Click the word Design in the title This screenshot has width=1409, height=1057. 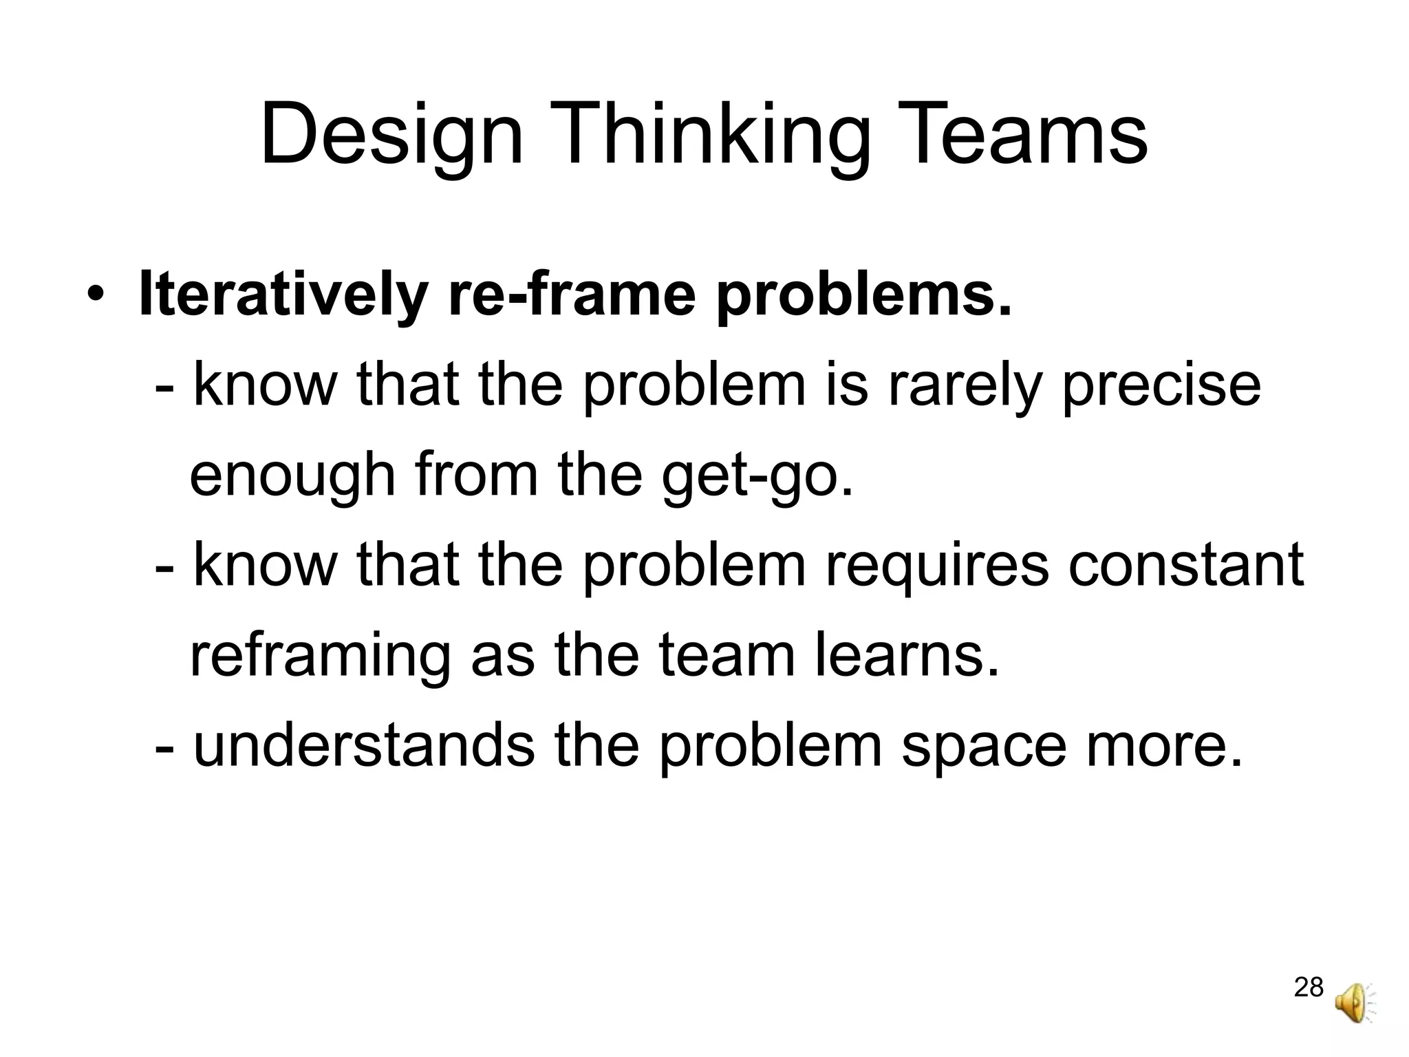pyautogui.click(x=391, y=136)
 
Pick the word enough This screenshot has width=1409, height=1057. pyautogui.click(x=292, y=477)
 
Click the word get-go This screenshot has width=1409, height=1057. pyautogui.click(x=757, y=477)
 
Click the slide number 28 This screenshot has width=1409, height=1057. pyautogui.click(x=1309, y=987)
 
